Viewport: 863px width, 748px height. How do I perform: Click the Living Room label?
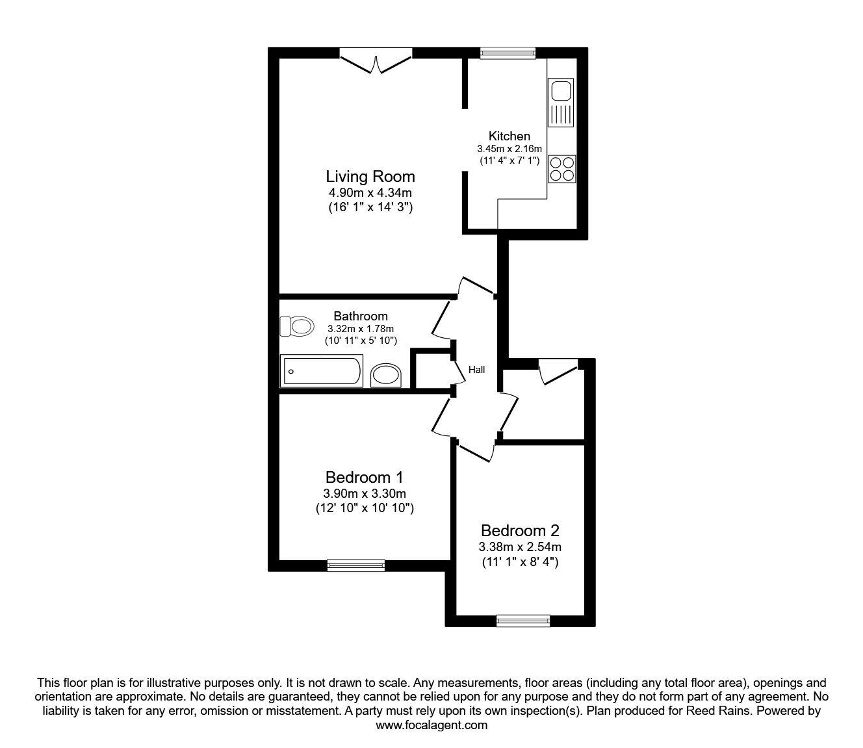coord(370,176)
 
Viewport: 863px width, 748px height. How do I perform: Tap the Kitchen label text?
coord(509,136)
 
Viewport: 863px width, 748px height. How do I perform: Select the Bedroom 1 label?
coord(361,477)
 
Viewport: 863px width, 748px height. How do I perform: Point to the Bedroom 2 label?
coord(520,530)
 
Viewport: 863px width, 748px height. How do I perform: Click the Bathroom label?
coord(361,316)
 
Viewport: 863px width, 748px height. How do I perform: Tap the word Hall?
coord(477,370)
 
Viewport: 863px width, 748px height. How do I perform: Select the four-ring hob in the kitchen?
coord(561,169)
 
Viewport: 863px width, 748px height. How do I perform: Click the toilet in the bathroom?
coord(296,326)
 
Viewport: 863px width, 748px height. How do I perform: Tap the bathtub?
coord(321,372)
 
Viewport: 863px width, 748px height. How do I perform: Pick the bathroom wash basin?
coord(386,375)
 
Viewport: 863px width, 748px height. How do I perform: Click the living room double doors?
coord(376,62)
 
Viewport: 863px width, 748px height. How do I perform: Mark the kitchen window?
coord(508,53)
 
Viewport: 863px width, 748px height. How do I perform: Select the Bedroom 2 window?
coord(523,621)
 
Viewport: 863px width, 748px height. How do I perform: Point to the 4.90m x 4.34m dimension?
coord(370,193)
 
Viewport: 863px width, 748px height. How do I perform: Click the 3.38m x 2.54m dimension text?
coord(520,547)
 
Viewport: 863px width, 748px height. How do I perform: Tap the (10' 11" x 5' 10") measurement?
coord(361,340)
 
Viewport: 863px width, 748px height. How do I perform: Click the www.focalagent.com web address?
coord(431,725)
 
